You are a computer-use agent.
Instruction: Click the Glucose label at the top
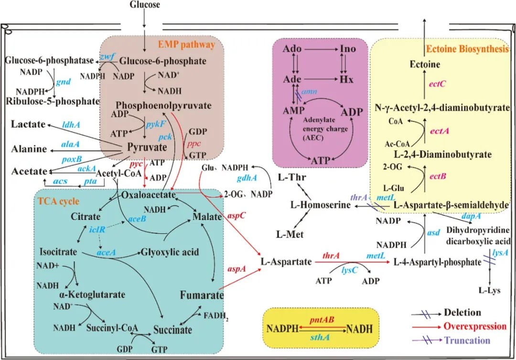point(145,5)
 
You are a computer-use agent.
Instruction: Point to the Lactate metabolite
point(28,124)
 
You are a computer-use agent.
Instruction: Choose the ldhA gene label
point(71,125)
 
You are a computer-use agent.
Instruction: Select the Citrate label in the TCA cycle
point(86,216)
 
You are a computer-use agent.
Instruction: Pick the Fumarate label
point(202,295)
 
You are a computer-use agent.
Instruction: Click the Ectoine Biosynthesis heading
point(467,49)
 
